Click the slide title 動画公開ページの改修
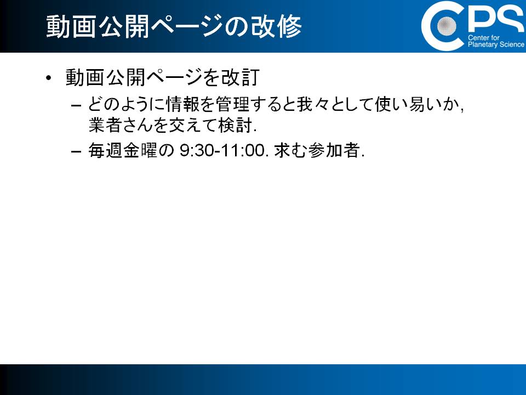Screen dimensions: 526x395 [x=174, y=26]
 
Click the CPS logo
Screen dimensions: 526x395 [x=473, y=26]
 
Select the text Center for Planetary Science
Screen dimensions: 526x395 [x=496, y=41]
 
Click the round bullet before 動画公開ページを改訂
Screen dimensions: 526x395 [x=49, y=78]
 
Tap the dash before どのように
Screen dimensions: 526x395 [x=76, y=105]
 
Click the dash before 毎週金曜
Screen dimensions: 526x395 [x=76, y=151]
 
